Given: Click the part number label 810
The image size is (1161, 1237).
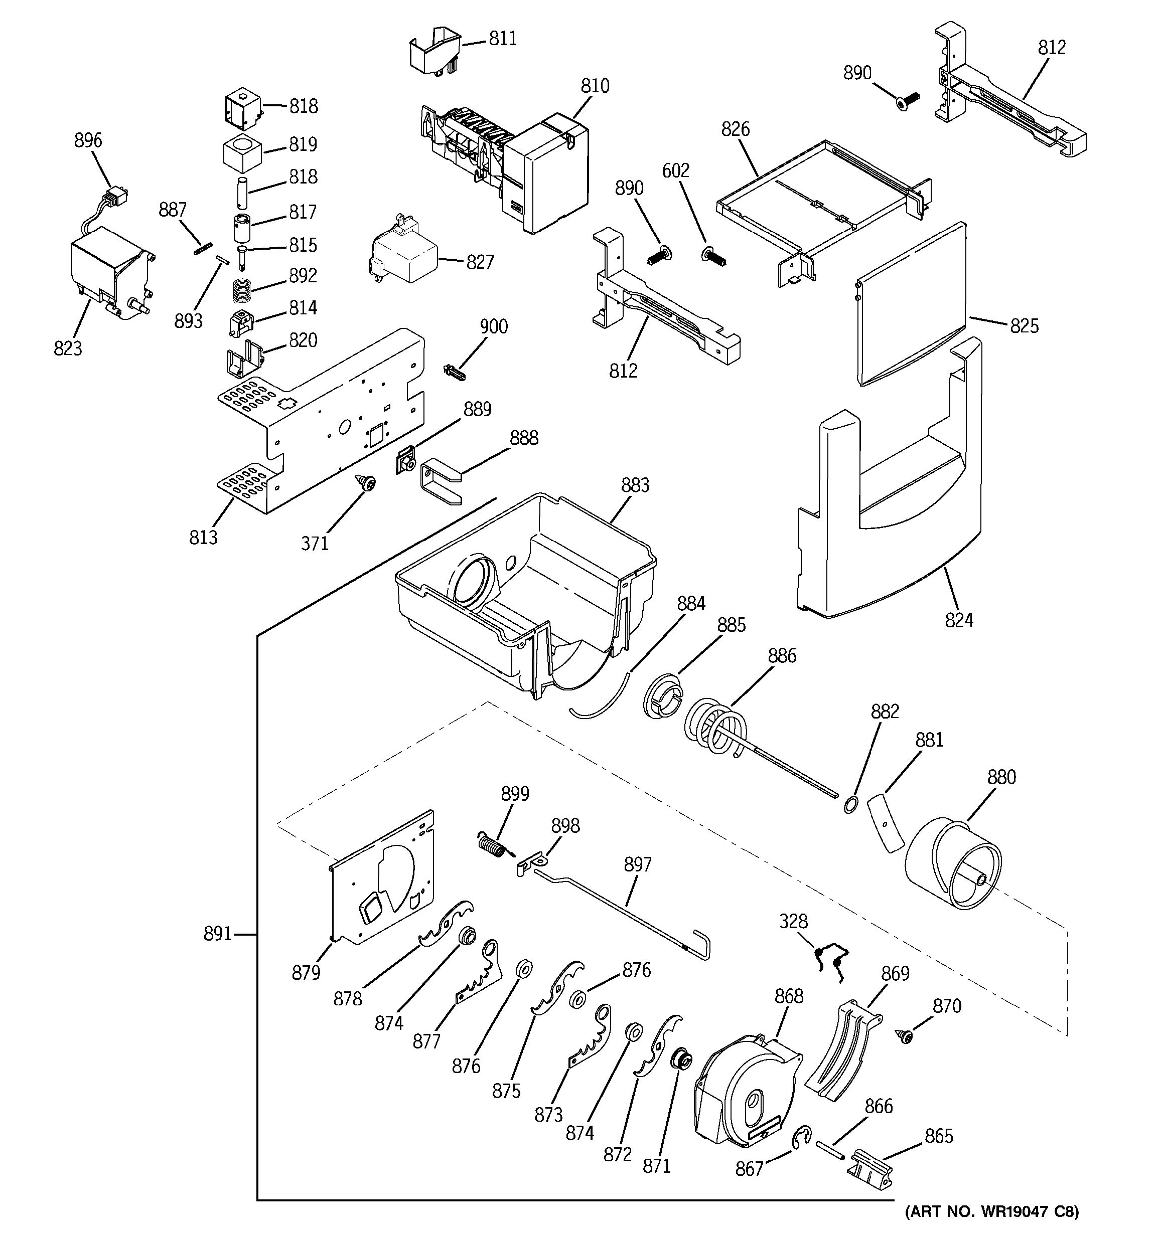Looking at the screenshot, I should coord(595,86).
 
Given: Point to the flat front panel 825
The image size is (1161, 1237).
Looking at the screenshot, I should coord(912,305).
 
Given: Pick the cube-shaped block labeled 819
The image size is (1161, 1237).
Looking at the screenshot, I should coord(242,152).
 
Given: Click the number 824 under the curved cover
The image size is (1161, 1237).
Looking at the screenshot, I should coord(959,620).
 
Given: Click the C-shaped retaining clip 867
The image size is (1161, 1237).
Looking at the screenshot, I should coord(801,1136).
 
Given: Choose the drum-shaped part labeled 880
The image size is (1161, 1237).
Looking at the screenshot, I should coord(952,868).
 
